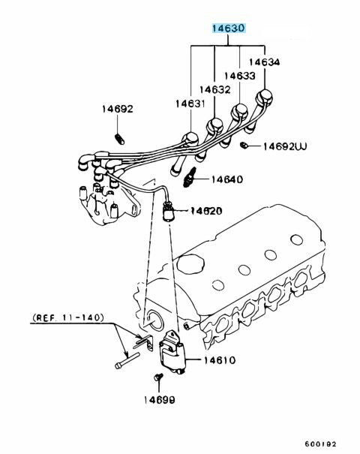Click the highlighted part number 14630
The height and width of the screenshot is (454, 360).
point(229,29)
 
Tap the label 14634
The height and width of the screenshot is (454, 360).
point(264,62)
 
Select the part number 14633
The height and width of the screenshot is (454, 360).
point(240,76)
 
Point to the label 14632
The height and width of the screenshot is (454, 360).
point(214,89)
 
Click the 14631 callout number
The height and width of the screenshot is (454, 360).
point(190,104)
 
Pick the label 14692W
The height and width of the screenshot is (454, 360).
point(285,146)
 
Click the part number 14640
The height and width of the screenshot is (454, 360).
point(227,179)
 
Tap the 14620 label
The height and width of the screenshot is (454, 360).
point(206,211)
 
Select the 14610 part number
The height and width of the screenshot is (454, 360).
point(220,360)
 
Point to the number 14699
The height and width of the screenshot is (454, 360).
point(160,400)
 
